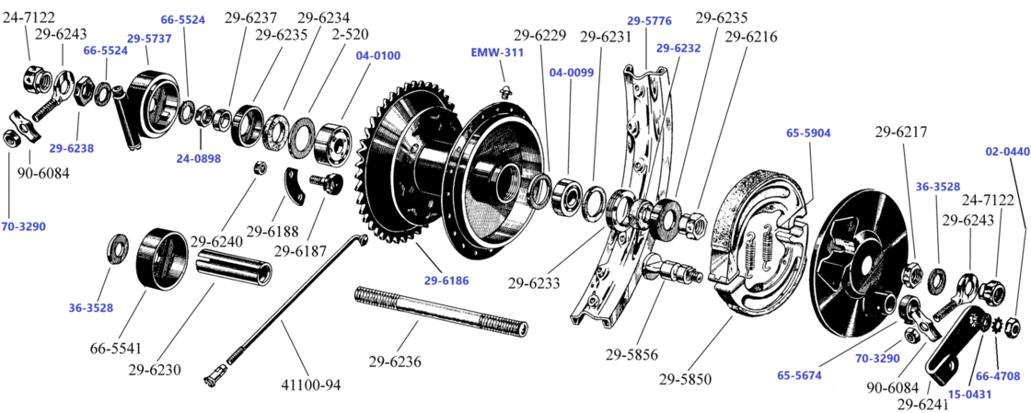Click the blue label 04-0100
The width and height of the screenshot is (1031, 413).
coord(377,55)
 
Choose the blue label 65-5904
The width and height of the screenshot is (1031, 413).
coord(808,132)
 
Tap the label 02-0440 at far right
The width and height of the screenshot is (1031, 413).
coord(1007,151)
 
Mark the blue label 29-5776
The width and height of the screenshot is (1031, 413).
coord(649,19)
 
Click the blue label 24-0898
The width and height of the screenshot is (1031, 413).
coord(199,158)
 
